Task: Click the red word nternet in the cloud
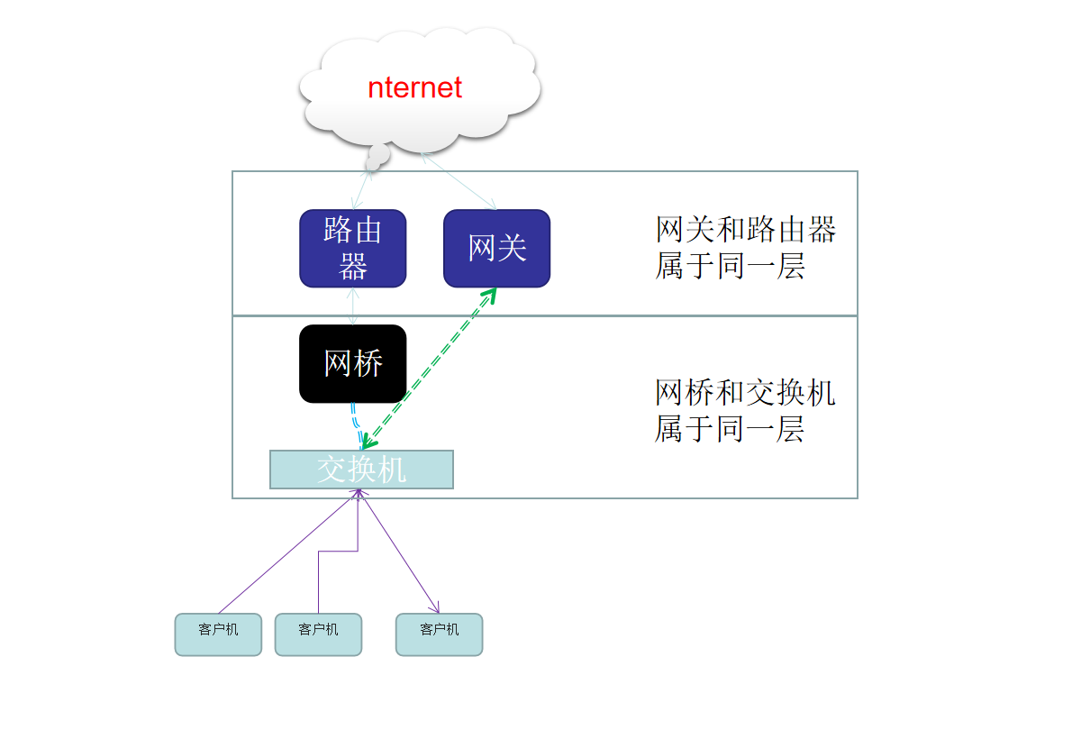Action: pyautogui.click(x=414, y=87)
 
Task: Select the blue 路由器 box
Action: pyautogui.click(x=352, y=248)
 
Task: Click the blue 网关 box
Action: pyautogui.click(x=496, y=248)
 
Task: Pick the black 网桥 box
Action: pyautogui.click(x=352, y=363)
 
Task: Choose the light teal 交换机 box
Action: pyautogui.click(x=361, y=469)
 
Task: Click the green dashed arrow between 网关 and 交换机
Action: pyautogui.click(x=428, y=369)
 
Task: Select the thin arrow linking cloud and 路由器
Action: pyautogui.click(x=362, y=189)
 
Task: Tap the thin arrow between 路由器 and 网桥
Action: pyautogui.click(x=353, y=306)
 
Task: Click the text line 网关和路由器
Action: pyautogui.click(x=746, y=230)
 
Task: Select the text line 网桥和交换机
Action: pyautogui.click(x=745, y=392)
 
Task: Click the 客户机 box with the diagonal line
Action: pyautogui.click(x=218, y=634)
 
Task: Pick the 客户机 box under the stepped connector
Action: pyautogui.click(x=318, y=634)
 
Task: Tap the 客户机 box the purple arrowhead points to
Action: pyautogui.click(x=439, y=634)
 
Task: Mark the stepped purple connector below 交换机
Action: pyautogui.click(x=338, y=551)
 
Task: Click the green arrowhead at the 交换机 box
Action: pyautogui.click(x=368, y=443)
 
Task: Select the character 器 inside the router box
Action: pyautogui.click(x=353, y=267)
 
